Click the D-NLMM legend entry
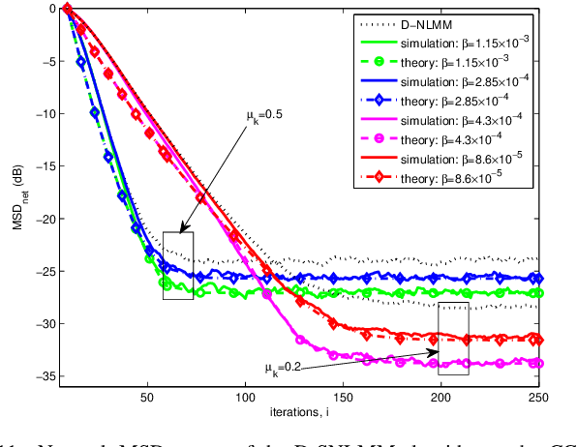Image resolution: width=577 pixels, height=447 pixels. pyautogui.click(x=427, y=23)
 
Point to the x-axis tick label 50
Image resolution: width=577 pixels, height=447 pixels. pyautogui.click(x=147, y=397)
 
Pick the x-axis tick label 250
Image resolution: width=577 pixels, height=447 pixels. pyautogui.click(x=538, y=397)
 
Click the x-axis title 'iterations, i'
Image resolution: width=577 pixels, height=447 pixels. pyautogui.click(x=301, y=412)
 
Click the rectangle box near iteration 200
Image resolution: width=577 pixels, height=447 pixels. pyautogui.click(x=453, y=338)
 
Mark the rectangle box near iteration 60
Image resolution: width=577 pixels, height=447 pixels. pyautogui.click(x=178, y=265)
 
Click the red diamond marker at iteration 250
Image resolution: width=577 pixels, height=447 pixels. pyautogui.click(x=538, y=341)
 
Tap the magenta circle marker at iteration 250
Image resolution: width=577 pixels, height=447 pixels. pyautogui.click(x=538, y=363)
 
